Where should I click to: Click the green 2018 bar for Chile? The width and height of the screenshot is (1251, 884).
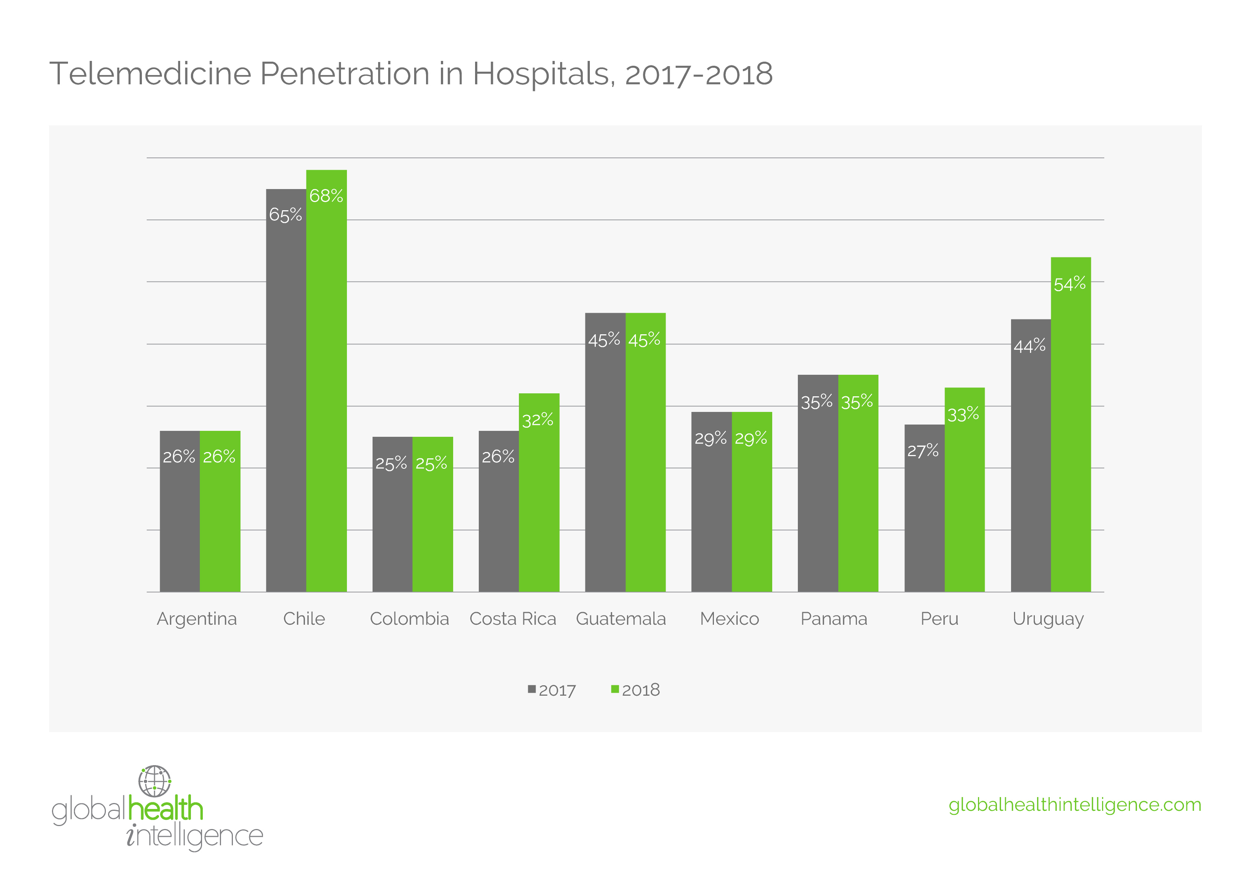click(x=326, y=381)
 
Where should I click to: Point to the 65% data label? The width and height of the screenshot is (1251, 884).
click(x=286, y=215)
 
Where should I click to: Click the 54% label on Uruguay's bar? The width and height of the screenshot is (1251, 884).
click(x=1070, y=284)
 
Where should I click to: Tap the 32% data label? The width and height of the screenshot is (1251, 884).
click(x=538, y=420)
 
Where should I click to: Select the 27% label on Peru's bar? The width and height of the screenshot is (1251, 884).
click(x=923, y=451)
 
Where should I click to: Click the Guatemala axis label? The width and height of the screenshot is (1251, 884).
click(x=621, y=618)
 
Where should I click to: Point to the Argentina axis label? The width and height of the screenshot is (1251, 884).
click(x=197, y=618)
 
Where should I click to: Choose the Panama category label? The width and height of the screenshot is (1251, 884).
click(x=834, y=618)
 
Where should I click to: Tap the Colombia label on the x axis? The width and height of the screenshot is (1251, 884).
click(x=409, y=618)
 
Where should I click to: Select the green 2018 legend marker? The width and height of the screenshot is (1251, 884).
click(x=615, y=689)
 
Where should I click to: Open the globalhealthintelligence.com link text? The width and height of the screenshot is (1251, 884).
click(x=1075, y=805)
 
